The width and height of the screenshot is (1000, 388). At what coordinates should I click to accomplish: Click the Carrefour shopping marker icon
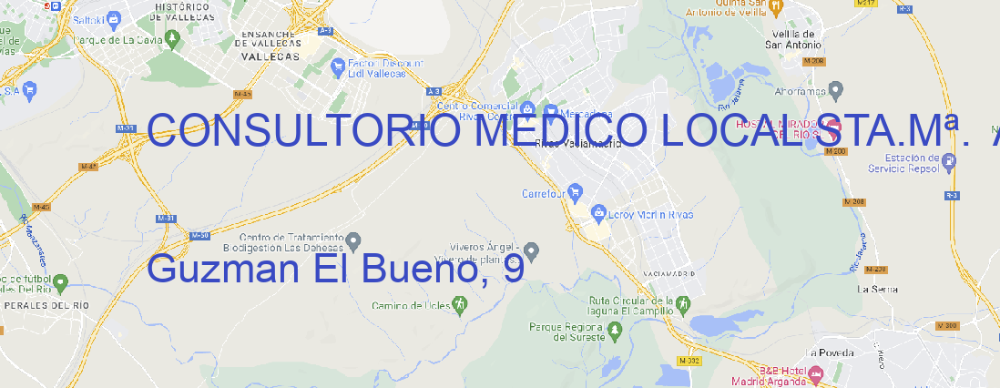click(577, 192)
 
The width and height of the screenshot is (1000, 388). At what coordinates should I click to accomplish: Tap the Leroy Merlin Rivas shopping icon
click(598, 214)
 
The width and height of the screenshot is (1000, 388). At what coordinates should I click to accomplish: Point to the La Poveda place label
click(830, 352)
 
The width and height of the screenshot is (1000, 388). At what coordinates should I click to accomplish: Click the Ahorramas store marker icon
click(837, 89)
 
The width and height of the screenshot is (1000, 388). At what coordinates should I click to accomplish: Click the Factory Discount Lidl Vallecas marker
click(338, 66)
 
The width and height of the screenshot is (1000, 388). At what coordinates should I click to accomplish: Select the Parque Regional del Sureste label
click(566, 331)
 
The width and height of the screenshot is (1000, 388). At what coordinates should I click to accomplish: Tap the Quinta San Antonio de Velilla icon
click(775, 7)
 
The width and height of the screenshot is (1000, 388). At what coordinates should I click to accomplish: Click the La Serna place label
click(878, 289)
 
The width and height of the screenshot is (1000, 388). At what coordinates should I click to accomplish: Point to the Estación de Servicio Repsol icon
click(950, 162)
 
